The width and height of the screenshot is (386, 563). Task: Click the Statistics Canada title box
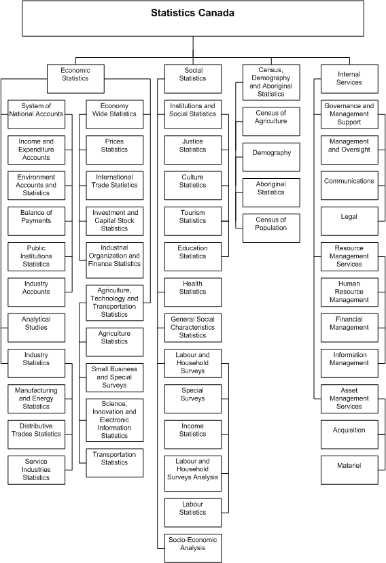(x=193, y=18)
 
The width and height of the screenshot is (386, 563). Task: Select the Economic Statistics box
(x=75, y=74)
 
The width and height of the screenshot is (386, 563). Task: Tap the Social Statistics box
(x=193, y=74)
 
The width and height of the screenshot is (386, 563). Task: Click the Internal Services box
(x=349, y=78)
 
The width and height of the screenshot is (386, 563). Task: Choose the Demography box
(x=271, y=153)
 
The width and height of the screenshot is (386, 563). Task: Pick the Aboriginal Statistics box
(x=271, y=188)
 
